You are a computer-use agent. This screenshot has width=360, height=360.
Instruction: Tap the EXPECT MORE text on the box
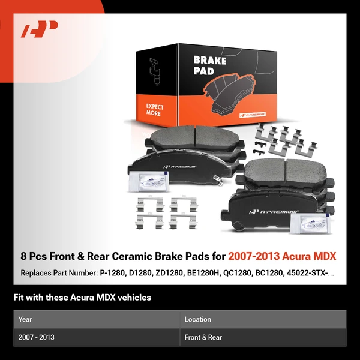click(x=155, y=110)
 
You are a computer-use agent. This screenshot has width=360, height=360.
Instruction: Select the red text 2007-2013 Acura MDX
click(x=282, y=256)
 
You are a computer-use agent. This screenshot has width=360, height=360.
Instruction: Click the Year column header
click(x=25, y=319)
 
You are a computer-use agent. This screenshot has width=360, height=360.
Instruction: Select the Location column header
click(x=198, y=319)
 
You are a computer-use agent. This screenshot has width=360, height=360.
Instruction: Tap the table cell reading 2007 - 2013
click(x=37, y=337)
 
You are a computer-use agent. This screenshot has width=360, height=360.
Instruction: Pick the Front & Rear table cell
click(x=203, y=337)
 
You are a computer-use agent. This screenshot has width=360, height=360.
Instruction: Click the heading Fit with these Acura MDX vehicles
click(x=82, y=298)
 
